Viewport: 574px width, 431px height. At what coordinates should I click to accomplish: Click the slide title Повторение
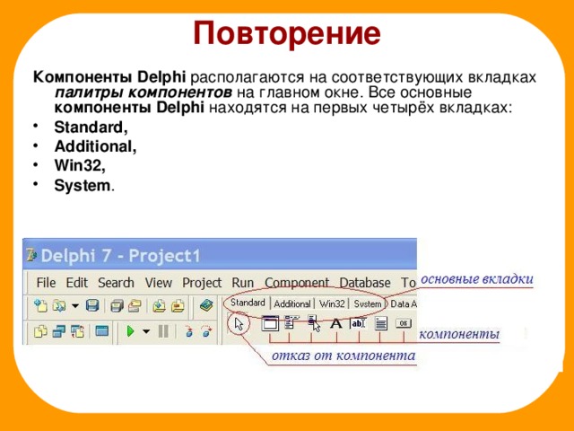[x=287, y=33]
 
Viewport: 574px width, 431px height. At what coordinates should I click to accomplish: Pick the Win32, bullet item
[x=80, y=166]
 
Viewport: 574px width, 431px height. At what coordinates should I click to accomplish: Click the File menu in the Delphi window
[x=46, y=283]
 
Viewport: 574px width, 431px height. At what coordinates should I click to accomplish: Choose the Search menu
[x=116, y=283]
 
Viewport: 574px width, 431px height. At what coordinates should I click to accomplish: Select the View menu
[x=159, y=283]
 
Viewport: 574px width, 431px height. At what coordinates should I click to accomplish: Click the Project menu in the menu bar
[x=202, y=283]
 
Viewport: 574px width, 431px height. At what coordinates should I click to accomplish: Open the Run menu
[x=243, y=283]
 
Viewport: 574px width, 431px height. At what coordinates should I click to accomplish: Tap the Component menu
[x=297, y=283]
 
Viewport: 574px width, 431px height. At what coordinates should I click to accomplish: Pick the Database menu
[x=365, y=283]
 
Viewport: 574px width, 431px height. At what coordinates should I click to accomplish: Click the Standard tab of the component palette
[x=248, y=304]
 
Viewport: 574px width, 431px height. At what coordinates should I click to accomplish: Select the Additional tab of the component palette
[x=292, y=304]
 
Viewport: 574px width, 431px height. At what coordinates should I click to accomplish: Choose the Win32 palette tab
[x=332, y=304]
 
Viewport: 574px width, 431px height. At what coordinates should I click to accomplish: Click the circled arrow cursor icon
[x=238, y=324]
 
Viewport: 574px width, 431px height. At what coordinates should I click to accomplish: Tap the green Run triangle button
[x=131, y=331]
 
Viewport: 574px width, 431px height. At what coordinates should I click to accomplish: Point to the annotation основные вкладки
[x=476, y=279]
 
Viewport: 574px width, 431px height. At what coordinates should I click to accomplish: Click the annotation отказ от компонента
[x=343, y=356]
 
